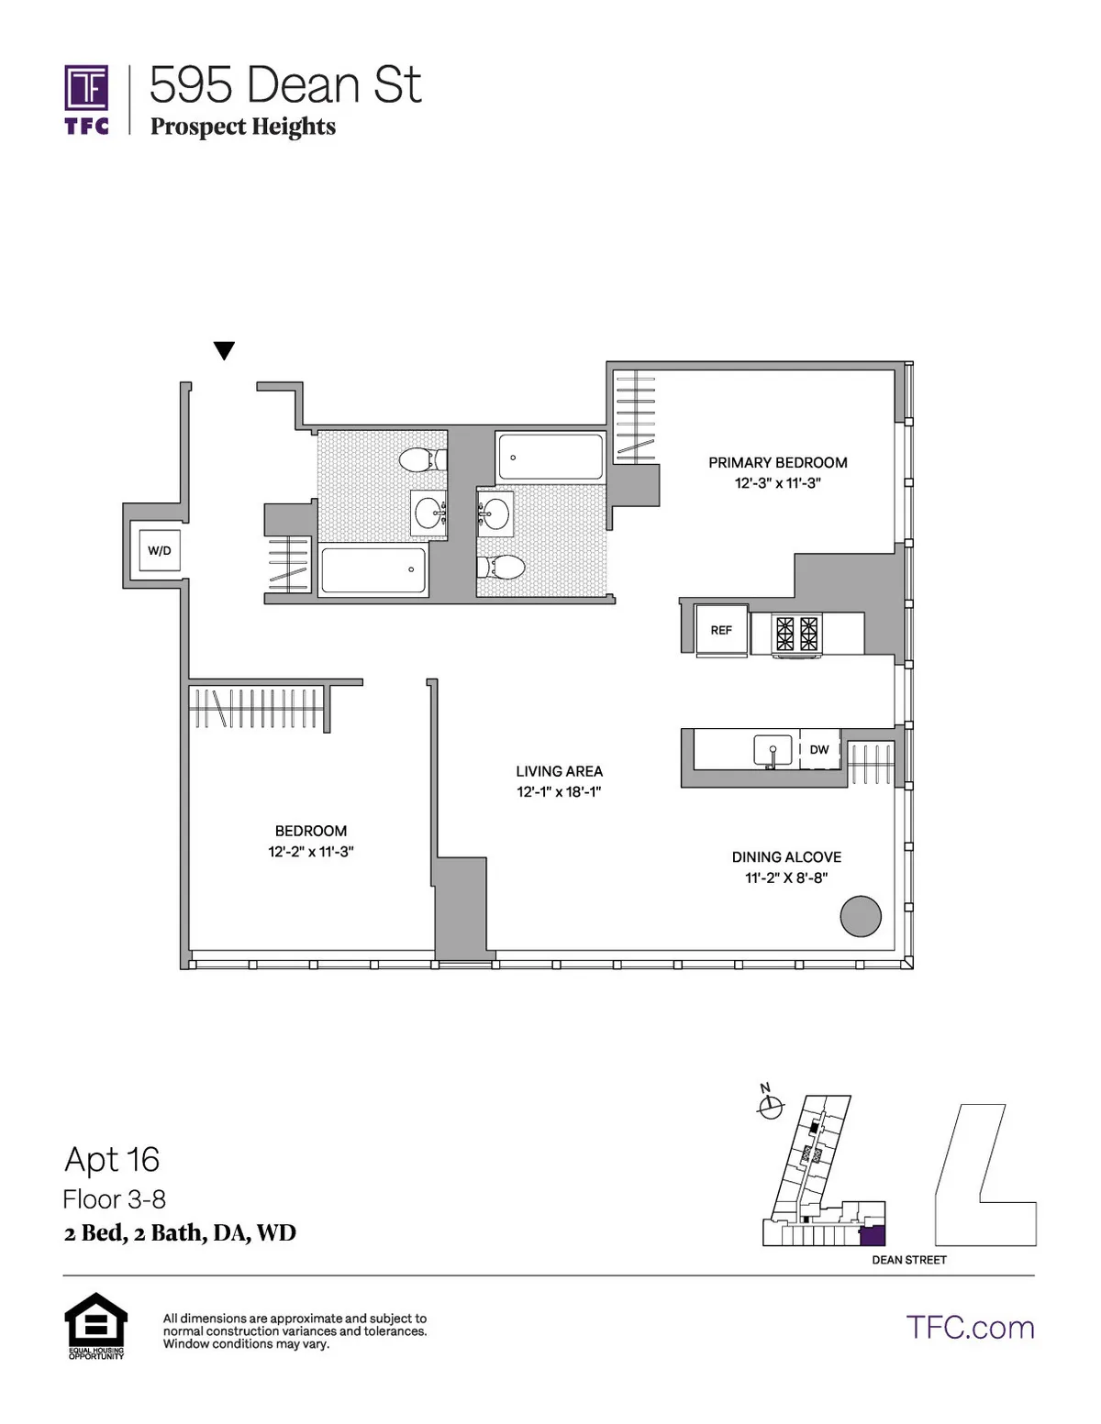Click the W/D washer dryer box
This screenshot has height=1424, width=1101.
point(159,550)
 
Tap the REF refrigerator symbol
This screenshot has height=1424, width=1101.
point(721,630)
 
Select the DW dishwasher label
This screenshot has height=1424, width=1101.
point(819,749)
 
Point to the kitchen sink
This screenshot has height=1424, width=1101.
point(773,751)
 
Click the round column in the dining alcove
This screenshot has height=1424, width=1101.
point(861,915)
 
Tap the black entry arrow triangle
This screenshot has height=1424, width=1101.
point(224,350)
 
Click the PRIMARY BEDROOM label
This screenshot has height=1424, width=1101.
point(777,462)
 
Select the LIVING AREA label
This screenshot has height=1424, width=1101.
point(559,771)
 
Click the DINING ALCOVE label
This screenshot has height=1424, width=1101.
point(786,856)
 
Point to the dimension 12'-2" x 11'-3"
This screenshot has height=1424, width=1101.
point(310,852)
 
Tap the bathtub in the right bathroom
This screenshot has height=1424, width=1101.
point(550,457)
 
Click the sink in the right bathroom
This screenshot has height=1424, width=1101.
point(495,511)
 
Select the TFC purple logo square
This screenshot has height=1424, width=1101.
point(86,88)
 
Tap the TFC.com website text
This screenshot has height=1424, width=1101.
point(970,1327)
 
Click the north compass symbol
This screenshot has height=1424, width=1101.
point(770,1107)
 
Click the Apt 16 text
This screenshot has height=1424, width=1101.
point(112,1160)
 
